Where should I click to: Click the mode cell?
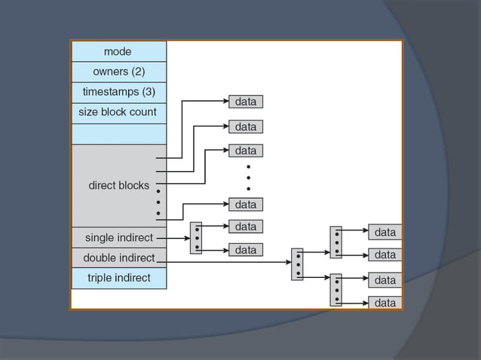118,51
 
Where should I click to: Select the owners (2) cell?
118,72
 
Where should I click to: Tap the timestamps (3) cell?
118,92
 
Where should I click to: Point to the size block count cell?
118,112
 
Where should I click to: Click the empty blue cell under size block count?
118,133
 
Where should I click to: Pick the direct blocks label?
118,185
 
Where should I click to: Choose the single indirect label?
118,238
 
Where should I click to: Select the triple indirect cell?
118,278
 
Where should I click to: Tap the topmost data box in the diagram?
245,102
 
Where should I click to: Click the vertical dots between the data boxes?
248,177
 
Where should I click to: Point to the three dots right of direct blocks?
158,202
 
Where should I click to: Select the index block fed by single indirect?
196,237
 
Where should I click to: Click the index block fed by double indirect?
297,264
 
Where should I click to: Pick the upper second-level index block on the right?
335,242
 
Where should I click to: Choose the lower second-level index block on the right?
335,289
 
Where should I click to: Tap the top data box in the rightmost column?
384,232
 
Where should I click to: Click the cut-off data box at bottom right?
384,303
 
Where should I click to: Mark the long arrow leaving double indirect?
226,262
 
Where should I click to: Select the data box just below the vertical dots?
245,204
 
